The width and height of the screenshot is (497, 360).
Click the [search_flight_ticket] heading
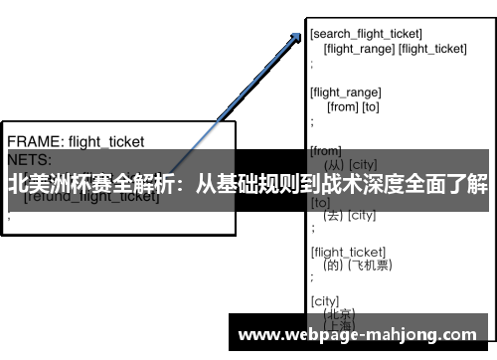[x=367, y=35]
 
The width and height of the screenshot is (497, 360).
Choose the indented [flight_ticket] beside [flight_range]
[x=432, y=48]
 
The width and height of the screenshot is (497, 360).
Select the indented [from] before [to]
[x=341, y=105]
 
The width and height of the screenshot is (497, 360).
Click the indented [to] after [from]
[x=370, y=105]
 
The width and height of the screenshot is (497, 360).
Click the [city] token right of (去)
[x=361, y=215]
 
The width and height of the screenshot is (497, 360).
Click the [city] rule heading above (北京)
[x=325, y=300]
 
